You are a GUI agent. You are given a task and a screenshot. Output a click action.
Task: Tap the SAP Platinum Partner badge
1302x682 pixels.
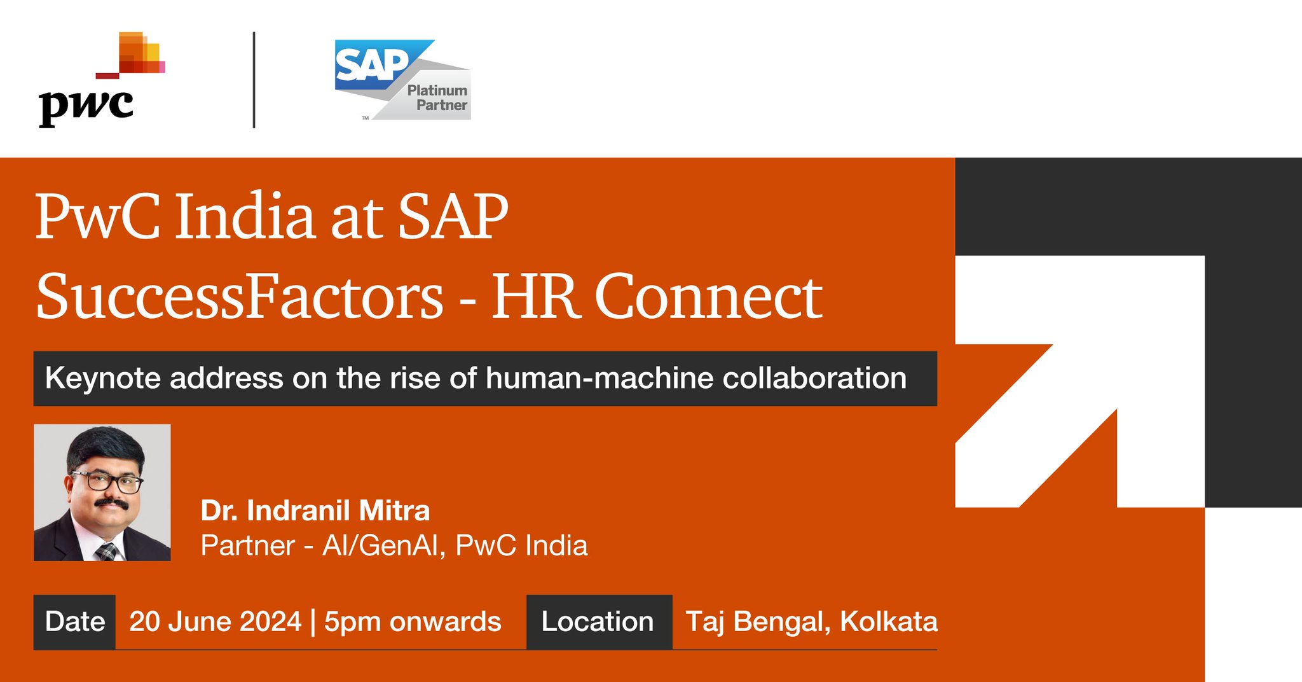click(403, 80)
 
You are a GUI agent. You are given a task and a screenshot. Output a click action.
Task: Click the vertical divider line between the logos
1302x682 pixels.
click(254, 80)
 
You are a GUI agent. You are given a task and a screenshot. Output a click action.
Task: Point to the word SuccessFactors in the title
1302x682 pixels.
click(239, 296)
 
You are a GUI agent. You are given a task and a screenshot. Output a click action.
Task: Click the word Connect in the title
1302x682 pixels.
click(708, 296)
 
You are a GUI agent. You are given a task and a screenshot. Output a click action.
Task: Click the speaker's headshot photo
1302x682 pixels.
click(102, 492)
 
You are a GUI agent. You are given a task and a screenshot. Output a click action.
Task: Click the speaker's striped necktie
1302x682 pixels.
click(106, 551)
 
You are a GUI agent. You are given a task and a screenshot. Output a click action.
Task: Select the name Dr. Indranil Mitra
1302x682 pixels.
click(315, 510)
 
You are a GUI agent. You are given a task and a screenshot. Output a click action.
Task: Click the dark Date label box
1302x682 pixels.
click(74, 622)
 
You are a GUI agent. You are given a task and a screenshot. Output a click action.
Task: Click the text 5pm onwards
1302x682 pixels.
click(413, 622)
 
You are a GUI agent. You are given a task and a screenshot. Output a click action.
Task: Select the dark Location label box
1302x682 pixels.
click(598, 622)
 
